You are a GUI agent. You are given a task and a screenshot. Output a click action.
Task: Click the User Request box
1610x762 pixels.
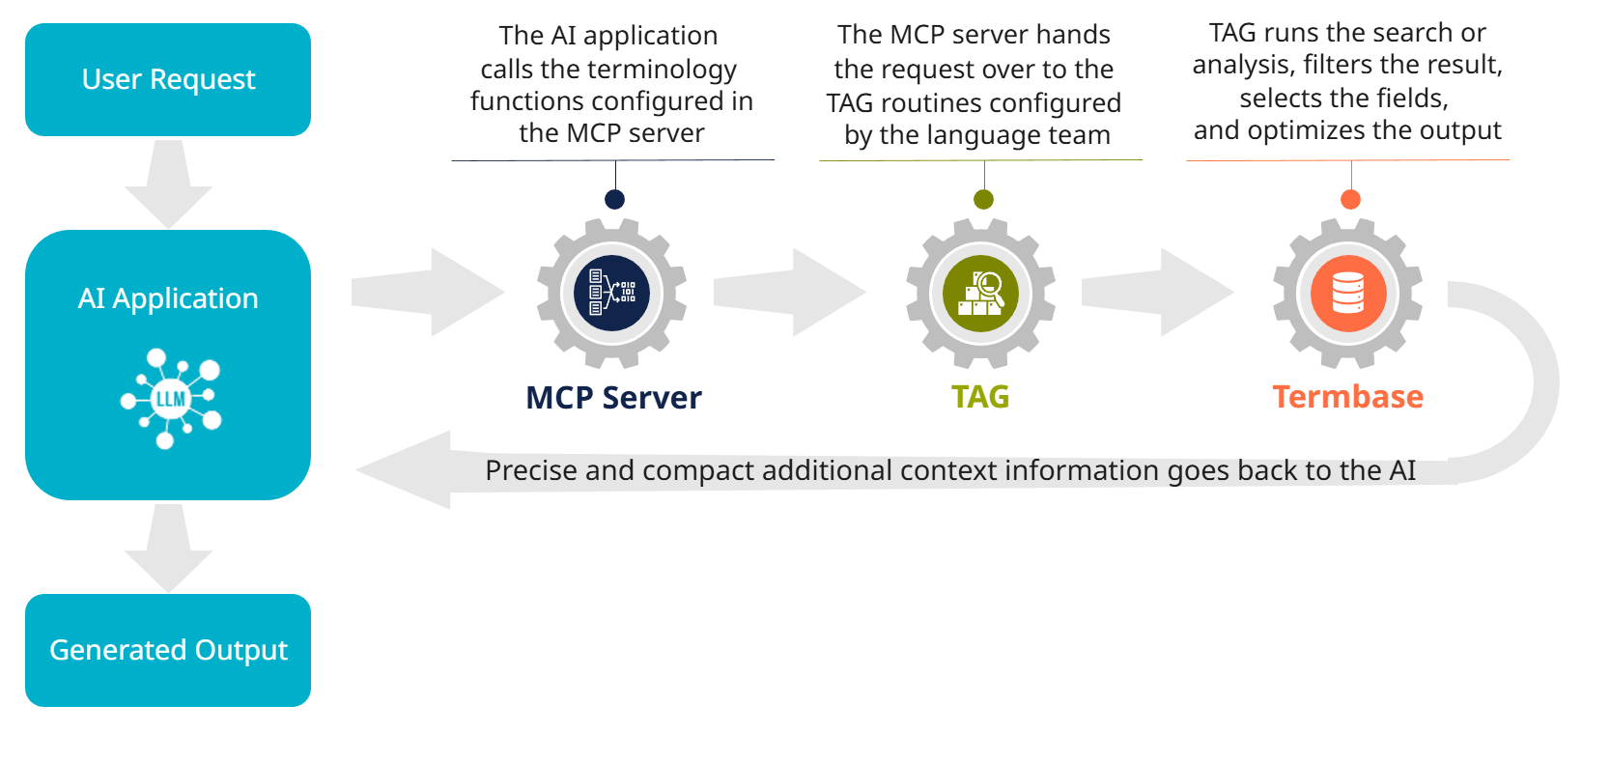(168, 79)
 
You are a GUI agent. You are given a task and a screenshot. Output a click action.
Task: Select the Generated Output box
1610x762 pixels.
(168, 650)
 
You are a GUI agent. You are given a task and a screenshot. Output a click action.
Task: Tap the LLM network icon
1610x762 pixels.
(171, 398)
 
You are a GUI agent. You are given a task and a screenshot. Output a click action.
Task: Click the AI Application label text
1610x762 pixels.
(168, 298)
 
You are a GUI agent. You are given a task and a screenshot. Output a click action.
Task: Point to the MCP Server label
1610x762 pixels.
(613, 398)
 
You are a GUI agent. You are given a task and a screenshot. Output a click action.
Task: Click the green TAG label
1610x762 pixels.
(980, 397)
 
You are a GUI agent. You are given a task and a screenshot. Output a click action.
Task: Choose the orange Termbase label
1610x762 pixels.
(1347, 397)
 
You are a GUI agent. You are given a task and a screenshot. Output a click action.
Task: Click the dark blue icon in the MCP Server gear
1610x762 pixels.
(612, 293)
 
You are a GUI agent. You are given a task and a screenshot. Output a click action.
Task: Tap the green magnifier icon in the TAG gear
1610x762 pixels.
(980, 294)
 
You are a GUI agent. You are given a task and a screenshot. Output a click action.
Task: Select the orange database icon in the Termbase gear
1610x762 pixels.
(1348, 294)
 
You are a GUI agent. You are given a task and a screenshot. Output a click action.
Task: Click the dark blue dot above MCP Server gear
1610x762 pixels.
(614, 199)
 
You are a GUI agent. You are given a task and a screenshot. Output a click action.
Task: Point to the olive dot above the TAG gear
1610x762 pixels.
(983, 199)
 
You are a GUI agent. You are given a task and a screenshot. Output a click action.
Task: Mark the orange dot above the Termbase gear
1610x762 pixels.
(1350, 199)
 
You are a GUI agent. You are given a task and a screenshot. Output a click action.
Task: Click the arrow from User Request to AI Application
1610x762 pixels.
(168, 183)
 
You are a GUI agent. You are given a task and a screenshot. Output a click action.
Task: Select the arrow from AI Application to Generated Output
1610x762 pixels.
(168, 548)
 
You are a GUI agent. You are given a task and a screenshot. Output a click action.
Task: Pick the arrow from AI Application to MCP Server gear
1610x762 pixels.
(428, 292)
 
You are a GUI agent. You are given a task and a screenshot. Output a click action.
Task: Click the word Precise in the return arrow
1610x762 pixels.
(531, 470)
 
